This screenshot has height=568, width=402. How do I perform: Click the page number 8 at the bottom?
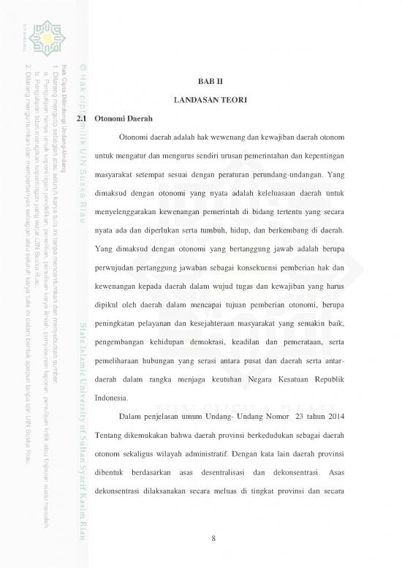[x=213, y=539]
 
